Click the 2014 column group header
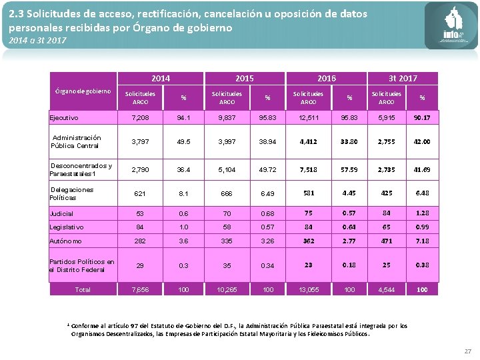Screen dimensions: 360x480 [x=161, y=79]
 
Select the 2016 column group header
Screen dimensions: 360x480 [x=327, y=79]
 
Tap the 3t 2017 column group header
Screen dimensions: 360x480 [x=403, y=79]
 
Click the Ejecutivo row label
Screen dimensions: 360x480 [x=64, y=118]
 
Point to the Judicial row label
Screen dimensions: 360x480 [x=62, y=213]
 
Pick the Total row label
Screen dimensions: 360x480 [x=83, y=289]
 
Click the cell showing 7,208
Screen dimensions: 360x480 [x=141, y=118]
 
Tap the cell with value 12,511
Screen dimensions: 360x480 [x=308, y=118]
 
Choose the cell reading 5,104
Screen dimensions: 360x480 [x=227, y=170]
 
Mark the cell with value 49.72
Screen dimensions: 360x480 [x=268, y=170]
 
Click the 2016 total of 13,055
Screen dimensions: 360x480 [x=308, y=289]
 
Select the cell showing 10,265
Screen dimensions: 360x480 [x=227, y=289]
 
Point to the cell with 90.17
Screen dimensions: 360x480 [x=421, y=118]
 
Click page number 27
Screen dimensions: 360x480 [x=467, y=351]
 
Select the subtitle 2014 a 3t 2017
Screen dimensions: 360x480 [x=37, y=41]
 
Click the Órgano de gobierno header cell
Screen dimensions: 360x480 [x=83, y=91]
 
